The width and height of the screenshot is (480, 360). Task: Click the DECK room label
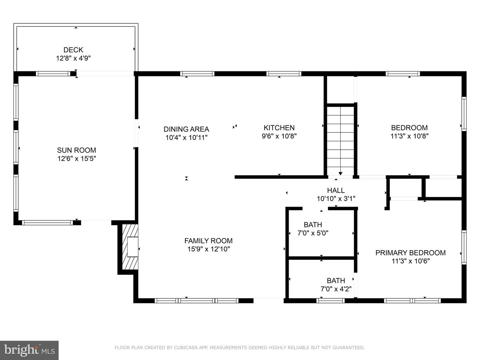tap(73, 50)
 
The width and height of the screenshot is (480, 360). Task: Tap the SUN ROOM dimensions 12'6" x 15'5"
tap(76, 159)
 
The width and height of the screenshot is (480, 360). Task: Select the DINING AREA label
tap(186, 129)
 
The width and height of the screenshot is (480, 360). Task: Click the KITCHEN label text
tap(279, 128)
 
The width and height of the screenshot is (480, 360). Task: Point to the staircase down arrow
tap(340, 173)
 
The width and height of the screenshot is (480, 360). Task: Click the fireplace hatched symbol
tap(130, 247)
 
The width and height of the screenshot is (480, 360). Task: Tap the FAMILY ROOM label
tap(208, 241)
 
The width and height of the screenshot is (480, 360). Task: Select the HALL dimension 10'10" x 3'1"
tap(336, 199)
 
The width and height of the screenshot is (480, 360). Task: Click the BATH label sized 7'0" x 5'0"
tap(313, 225)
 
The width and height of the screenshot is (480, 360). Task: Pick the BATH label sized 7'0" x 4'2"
tap(336, 281)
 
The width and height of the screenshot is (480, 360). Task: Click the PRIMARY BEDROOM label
tap(410, 253)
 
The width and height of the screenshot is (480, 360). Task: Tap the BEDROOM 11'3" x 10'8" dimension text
tap(409, 136)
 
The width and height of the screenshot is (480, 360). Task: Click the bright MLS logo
tap(29, 350)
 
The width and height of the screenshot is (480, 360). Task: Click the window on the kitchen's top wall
tap(284, 74)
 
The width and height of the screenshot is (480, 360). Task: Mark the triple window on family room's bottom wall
tap(196, 301)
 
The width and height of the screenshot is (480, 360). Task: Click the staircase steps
tap(340, 140)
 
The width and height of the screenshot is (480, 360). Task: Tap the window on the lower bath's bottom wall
tap(330, 301)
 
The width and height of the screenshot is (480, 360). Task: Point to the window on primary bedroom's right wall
tap(464, 247)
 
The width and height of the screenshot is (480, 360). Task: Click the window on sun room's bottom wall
tap(47, 223)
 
